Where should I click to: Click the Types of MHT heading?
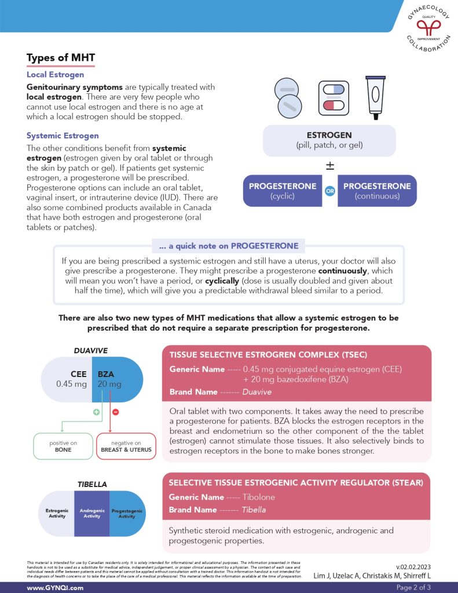61,58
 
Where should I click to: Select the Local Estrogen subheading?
55,75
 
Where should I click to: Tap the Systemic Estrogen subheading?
63,136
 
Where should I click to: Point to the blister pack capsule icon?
334,97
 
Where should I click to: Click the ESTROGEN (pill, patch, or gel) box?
329,140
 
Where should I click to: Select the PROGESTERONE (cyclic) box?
282,191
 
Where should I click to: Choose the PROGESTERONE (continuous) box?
377,191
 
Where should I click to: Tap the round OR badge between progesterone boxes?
329,191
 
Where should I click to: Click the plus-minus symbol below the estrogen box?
329,166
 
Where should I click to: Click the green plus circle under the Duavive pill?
96,412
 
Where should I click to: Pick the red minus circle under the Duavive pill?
115,412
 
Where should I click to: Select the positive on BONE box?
63,446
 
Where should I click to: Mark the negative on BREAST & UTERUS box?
126,446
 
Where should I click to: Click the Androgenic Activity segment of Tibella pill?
91,513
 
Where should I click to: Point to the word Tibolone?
259,497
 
